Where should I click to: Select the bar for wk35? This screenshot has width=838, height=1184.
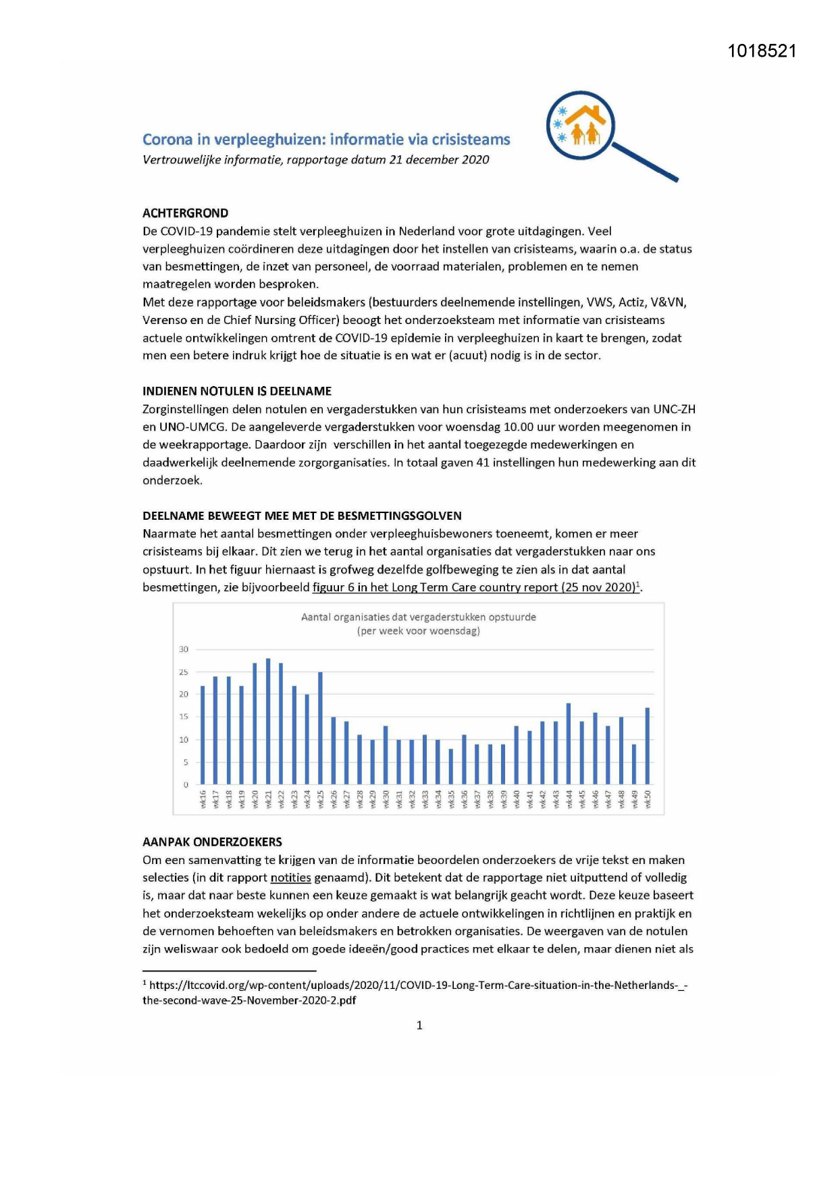(x=451, y=766)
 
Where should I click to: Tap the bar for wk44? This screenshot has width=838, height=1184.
(x=569, y=743)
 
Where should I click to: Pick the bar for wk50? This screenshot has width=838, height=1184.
(x=648, y=746)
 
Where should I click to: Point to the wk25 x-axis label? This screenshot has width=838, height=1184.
(x=321, y=799)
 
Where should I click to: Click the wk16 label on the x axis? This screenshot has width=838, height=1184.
(x=203, y=799)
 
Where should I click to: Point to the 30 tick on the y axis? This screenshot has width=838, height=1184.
(x=184, y=649)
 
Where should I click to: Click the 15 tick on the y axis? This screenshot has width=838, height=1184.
(x=184, y=717)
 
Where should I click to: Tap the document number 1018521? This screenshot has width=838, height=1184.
(x=762, y=51)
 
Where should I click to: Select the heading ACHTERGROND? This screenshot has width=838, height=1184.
(x=185, y=213)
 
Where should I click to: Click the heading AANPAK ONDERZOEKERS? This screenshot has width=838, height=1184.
(x=212, y=842)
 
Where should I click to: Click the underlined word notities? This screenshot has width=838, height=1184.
(x=290, y=878)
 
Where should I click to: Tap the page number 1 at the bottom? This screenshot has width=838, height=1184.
(x=419, y=1025)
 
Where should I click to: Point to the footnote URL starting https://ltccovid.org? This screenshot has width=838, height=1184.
(x=415, y=986)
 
